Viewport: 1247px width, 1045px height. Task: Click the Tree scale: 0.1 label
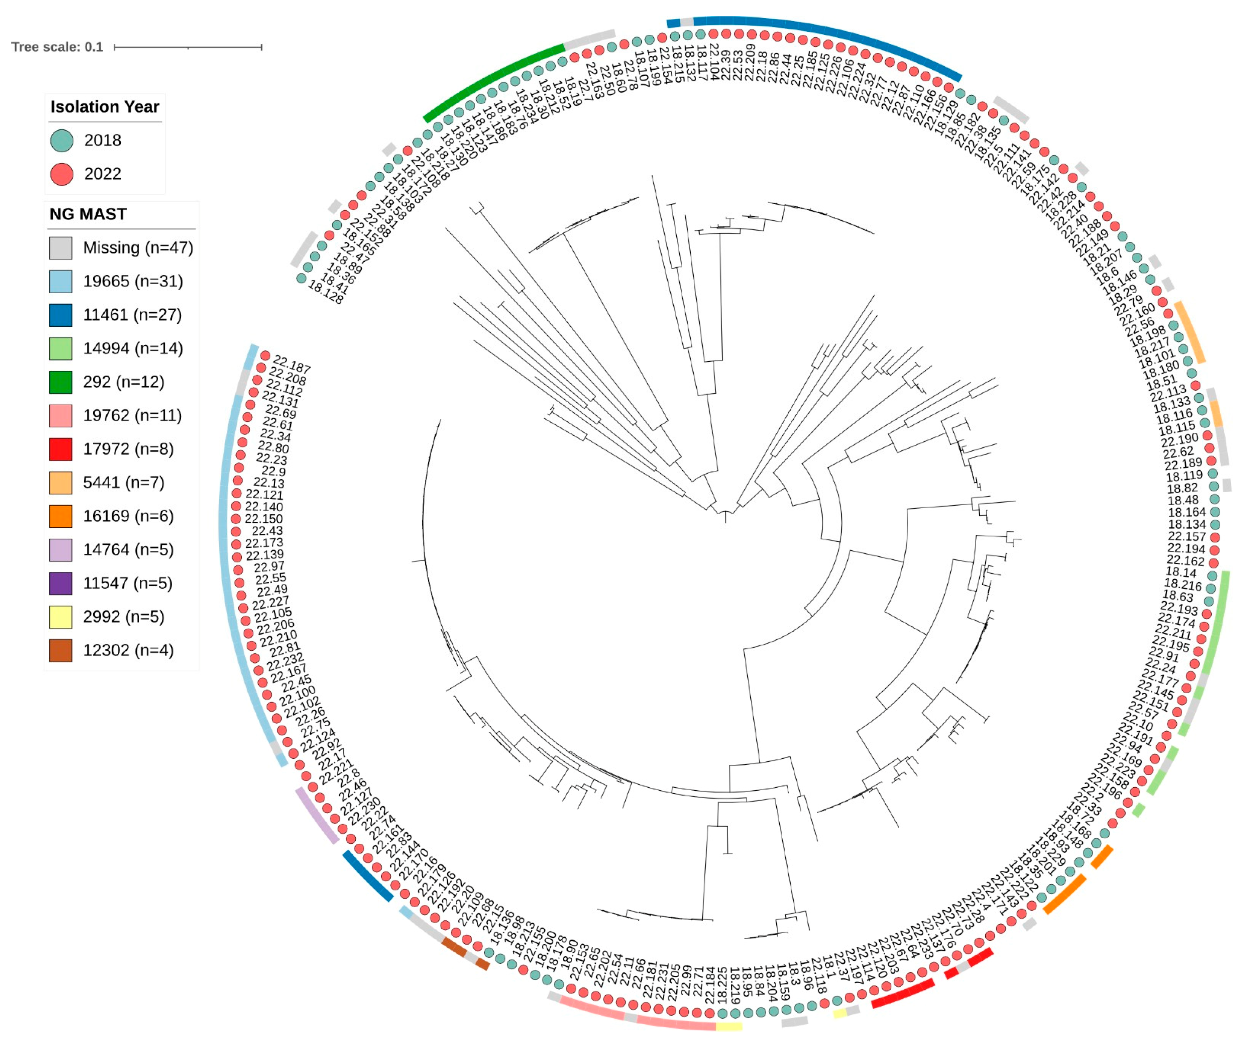coord(57,47)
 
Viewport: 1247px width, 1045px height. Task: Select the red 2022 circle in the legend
coord(62,175)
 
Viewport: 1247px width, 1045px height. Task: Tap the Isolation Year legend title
coord(105,107)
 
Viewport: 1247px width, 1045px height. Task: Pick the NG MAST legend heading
coord(88,214)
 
